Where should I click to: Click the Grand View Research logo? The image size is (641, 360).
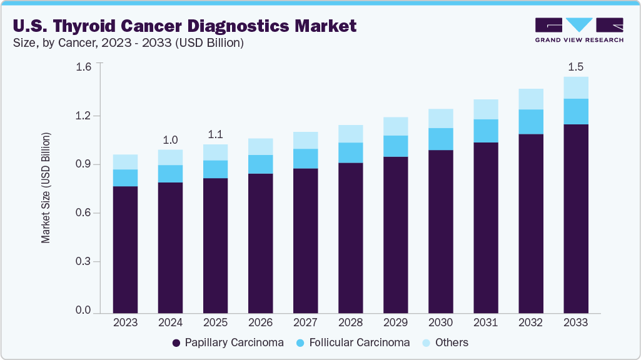[579, 30]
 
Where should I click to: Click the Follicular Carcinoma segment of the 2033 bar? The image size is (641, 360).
[575, 111]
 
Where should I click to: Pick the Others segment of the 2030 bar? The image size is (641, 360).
[440, 118]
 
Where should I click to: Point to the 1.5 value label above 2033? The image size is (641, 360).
[575, 67]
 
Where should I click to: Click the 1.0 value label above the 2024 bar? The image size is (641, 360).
[170, 140]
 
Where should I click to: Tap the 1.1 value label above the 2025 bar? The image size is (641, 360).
[215, 135]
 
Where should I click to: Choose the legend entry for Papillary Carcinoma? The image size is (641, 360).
[228, 342]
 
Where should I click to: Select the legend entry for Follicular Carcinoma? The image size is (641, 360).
[353, 342]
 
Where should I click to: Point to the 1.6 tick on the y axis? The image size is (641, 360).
[83, 67]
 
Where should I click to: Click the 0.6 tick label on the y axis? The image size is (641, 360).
[83, 213]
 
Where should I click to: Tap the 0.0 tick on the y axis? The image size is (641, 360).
[83, 311]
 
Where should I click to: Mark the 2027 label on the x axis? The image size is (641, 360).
[305, 323]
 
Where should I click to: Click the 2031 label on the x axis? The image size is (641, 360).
[485, 323]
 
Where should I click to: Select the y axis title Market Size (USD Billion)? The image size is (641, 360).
[46, 187]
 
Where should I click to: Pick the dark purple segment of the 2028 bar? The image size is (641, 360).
[350, 237]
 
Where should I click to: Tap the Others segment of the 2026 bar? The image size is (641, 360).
[260, 146]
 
